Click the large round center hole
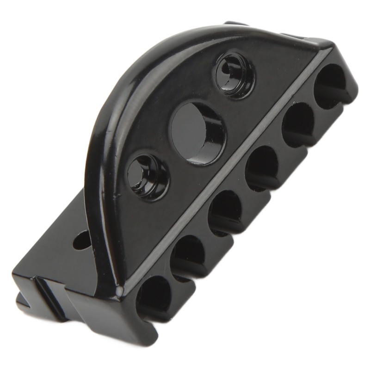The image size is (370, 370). tap(198, 132)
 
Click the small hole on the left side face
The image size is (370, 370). tap(82, 240)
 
